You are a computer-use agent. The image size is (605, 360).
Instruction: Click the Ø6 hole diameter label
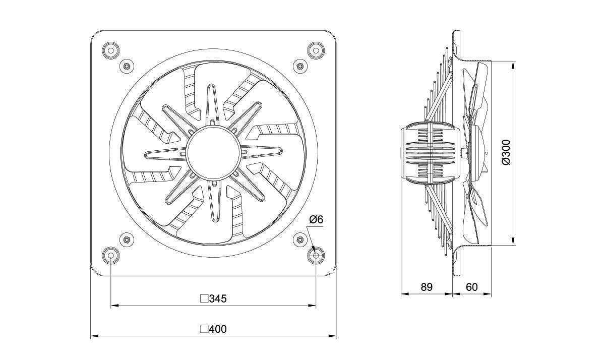pyautogui.click(x=316, y=219)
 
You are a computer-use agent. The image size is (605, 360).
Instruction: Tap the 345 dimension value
pyautogui.click(x=218, y=298)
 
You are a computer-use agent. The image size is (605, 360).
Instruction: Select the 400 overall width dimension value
pyautogui.click(x=218, y=329)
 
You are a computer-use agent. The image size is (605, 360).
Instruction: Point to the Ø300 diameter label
pyautogui.click(x=506, y=152)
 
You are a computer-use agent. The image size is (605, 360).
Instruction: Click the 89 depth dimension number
pyautogui.click(x=427, y=287)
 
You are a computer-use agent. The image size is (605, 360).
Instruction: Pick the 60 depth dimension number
pyautogui.click(x=471, y=287)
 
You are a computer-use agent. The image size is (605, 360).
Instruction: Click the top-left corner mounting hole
pyautogui.click(x=111, y=50)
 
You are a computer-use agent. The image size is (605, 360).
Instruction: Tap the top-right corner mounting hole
pyautogui.click(x=316, y=50)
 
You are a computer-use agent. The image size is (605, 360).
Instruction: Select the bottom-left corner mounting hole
pyautogui.click(x=111, y=255)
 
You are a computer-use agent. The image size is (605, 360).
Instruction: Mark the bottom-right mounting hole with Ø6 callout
pyautogui.click(x=316, y=255)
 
